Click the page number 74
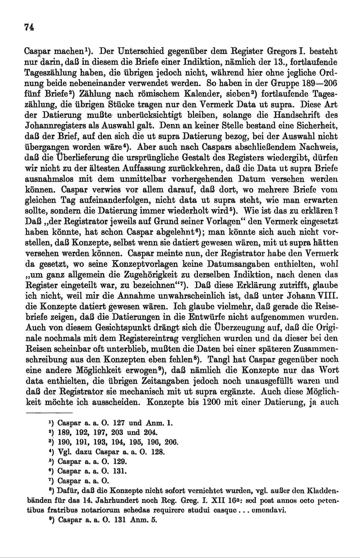click(x=29, y=27)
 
